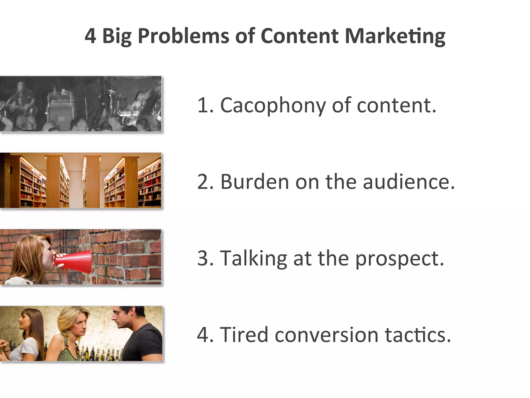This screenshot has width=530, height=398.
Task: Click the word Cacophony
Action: click(273, 105)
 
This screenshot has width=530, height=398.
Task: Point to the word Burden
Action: click(254, 182)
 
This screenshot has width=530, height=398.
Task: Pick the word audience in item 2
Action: click(409, 182)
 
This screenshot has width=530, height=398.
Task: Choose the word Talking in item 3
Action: click(253, 258)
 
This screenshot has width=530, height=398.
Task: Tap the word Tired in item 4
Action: click(244, 335)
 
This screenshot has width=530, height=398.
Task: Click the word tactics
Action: click(418, 335)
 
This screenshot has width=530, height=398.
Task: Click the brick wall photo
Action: click(124, 257)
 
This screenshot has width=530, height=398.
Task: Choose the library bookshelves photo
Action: click(80, 181)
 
